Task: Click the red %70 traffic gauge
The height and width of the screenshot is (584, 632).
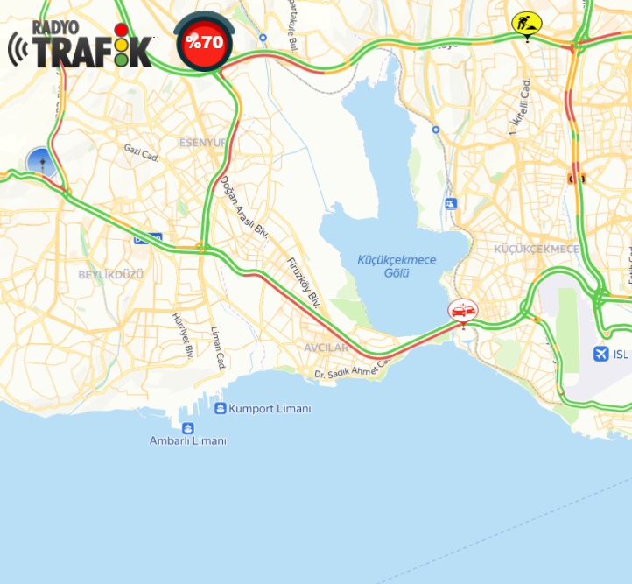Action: [203, 41]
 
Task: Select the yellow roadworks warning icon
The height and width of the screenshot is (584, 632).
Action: [526, 23]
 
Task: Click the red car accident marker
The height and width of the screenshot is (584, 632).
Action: [462, 310]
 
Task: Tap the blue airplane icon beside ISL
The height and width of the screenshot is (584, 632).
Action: [600, 354]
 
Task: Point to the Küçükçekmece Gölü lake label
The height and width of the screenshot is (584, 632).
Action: [397, 266]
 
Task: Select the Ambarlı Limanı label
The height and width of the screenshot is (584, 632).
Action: [187, 441]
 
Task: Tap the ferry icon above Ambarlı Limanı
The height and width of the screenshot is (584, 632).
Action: [187, 427]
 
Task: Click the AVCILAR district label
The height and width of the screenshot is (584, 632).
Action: [326, 348]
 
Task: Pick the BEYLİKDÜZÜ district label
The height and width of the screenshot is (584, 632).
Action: [110, 274]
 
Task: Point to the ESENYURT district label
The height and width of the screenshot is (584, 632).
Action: [203, 142]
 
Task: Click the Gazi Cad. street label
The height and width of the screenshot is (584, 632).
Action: [141, 153]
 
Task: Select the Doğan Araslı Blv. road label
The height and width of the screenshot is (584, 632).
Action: [243, 208]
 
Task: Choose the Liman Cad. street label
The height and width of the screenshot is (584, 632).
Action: [219, 348]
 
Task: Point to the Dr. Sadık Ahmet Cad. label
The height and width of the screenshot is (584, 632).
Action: [350, 370]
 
